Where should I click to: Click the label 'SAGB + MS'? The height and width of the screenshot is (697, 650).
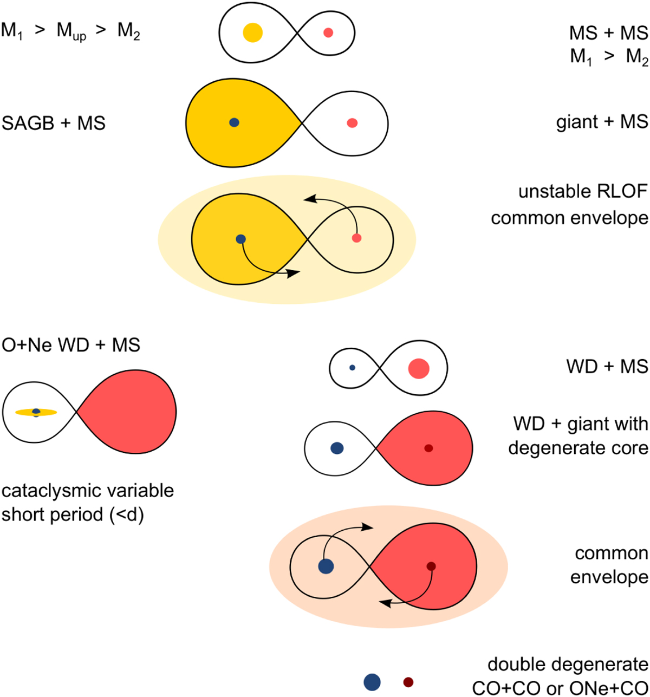click(54, 123)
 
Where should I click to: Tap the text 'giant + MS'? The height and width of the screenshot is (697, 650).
click(602, 122)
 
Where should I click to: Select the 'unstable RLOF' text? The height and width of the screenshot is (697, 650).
click(583, 193)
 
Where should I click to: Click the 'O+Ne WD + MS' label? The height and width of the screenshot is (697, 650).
click(71, 344)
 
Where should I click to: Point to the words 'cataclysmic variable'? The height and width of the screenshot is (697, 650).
click(88, 491)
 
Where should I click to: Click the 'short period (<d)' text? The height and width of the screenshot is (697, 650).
click(73, 514)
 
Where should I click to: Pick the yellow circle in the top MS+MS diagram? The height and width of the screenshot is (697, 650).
click(253, 32)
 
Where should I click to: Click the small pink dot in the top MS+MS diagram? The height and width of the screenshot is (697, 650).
click(328, 32)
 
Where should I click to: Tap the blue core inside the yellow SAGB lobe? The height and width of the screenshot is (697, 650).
click(235, 122)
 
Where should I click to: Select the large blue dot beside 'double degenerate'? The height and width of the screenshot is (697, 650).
click(372, 682)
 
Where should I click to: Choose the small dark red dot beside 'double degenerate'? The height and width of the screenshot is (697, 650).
click(408, 682)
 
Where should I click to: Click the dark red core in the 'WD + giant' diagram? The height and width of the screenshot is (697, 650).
click(428, 448)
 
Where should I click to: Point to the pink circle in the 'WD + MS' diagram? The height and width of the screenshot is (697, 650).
click(419, 369)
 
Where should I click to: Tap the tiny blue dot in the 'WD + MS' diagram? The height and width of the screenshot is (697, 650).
click(352, 368)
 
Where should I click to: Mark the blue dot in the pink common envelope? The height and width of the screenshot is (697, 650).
click(326, 566)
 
